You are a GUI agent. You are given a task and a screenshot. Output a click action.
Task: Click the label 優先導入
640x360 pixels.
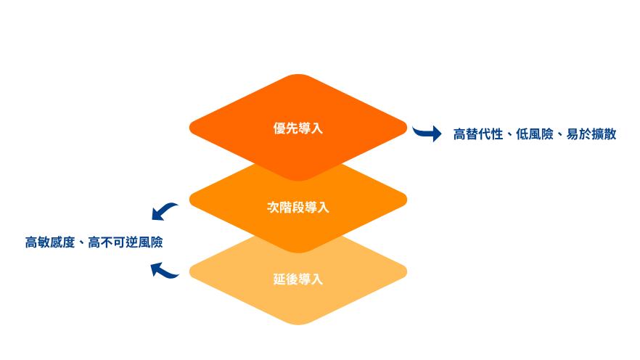pos(298,128)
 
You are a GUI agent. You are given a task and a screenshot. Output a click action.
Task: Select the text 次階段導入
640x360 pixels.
pos(298,208)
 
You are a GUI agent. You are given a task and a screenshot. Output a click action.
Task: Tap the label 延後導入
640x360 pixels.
pos(298,279)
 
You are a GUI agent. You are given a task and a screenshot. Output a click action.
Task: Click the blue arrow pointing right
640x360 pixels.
pos(427,132)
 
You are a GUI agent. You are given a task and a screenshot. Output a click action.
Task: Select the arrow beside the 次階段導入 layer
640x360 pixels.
pos(165,211)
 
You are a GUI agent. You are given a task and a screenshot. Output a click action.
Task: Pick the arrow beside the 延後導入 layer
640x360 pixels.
pos(164,271)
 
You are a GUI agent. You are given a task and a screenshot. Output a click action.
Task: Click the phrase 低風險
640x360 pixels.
pos(534,134)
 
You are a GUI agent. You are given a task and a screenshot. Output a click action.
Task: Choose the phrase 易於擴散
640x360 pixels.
pos(591,134)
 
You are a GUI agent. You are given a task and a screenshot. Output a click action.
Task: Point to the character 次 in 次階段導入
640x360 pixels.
pos(274,208)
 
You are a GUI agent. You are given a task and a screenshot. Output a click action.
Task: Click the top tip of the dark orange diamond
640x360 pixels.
pos(298,75)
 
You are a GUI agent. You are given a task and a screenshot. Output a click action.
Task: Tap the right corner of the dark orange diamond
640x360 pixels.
pos(406,128)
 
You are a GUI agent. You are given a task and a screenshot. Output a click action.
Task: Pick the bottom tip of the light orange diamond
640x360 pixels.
pos(298,324)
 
